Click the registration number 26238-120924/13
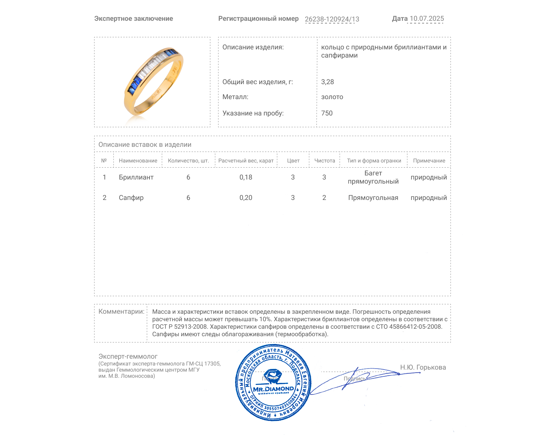[x=332, y=19]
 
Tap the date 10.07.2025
[x=426, y=19]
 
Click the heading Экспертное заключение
[x=134, y=19]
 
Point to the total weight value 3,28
[x=327, y=82]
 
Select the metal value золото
[x=332, y=97]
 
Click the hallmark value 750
[x=327, y=113]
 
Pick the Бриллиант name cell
[x=136, y=177]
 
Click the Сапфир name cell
[x=131, y=198]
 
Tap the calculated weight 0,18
[x=246, y=177]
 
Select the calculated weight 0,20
[x=246, y=198]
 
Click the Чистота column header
[x=325, y=161]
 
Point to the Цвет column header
[x=293, y=161]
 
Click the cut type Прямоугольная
[x=373, y=198]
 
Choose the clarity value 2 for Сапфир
[x=324, y=198]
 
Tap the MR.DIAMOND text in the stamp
[x=273, y=389]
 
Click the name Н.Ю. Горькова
[x=423, y=367]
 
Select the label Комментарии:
[x=121, y=311]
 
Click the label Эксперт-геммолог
[x=128, y=356]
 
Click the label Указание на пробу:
[x=253, y=113]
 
